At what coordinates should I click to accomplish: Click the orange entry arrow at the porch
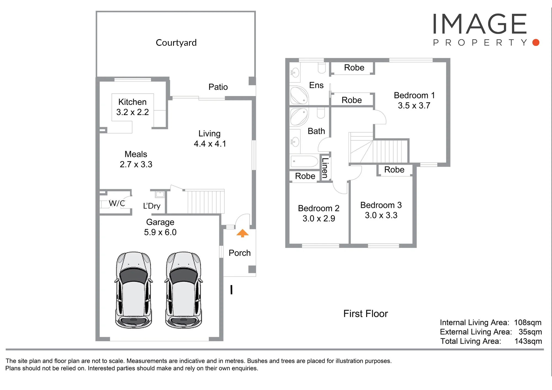click(242, 233)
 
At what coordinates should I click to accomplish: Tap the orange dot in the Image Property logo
click(536, 42)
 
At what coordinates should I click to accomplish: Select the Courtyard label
click(176, 43)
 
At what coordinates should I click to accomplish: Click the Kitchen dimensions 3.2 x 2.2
click(132, 112)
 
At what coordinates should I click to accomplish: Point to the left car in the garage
click(134, 290)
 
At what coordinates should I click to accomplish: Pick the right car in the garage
click(184, 290)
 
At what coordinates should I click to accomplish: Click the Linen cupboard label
click(325, 168)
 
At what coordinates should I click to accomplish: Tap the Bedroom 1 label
click(414, 95)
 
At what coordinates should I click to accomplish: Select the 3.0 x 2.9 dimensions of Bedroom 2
click(319, 218)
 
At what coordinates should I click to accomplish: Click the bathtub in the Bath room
click(304, 161)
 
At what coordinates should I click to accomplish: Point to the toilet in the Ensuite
click(322, 68)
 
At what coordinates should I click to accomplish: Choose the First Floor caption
click(365, 314)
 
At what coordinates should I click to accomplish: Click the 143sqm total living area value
click(528, 341)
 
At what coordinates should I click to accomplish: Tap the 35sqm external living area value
click(530, 332)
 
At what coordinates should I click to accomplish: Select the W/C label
click(117, 203)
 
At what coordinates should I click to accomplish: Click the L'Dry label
click(152, 206)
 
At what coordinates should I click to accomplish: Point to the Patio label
click(218, 87)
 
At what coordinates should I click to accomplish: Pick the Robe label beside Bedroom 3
click(394, 170)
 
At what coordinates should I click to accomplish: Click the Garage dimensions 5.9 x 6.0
click(160, 232)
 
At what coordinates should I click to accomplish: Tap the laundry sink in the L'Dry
click(160, 194)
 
